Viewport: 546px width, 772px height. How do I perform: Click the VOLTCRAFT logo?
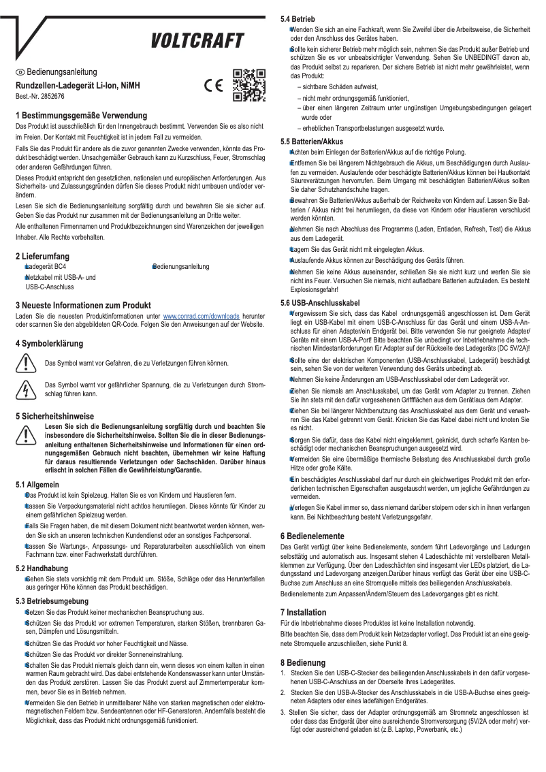coord(197,42)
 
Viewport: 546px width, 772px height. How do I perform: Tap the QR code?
coord(248,85)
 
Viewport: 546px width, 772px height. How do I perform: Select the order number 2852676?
coord(51,97)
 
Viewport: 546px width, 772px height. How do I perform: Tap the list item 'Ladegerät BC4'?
coord(46,267)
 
